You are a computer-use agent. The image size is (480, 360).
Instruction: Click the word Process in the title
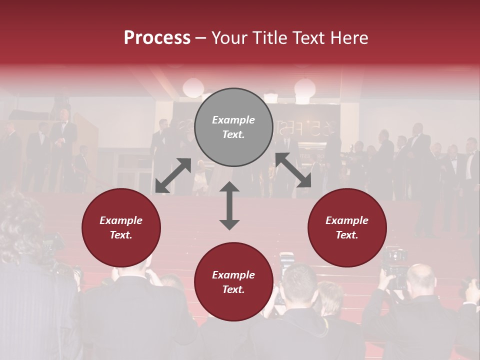157,38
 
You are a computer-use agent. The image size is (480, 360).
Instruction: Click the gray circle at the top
233,127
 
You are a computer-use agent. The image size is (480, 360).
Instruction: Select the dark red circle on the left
121,227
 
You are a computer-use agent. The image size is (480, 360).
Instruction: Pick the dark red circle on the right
347,227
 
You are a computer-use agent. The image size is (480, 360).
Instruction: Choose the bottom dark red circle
233,282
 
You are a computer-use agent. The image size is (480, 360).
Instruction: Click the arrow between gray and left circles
173,175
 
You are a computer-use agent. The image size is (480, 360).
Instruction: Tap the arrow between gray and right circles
293,170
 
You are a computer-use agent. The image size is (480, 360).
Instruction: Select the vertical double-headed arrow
229,205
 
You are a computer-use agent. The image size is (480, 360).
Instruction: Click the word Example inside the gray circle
233,120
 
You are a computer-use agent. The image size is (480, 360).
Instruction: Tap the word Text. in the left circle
121,235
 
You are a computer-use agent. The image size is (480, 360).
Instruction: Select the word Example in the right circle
347,220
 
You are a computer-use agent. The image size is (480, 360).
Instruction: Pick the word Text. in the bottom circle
233,289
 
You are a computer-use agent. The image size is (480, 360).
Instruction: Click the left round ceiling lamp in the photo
193,87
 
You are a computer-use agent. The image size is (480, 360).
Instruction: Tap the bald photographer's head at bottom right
420,276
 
